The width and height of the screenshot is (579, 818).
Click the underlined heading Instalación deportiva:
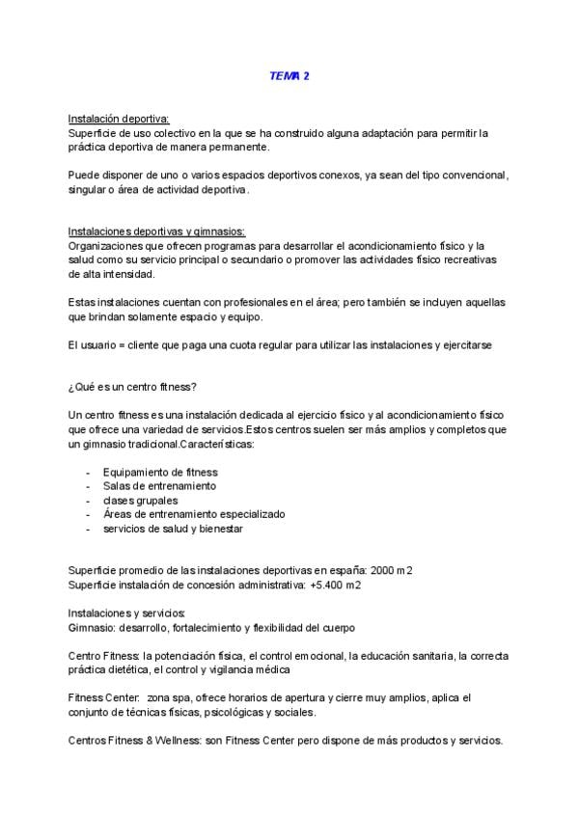tap(119, 119)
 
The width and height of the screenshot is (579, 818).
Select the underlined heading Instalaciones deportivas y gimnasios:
tap(156, 232)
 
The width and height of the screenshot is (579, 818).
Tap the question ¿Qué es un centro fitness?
tap(133, 387)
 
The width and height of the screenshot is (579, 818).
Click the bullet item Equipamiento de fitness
tap(160, 472)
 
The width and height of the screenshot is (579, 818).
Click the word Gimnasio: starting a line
tap(93, 628)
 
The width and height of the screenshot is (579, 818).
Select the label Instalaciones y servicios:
tap(126, 613)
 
